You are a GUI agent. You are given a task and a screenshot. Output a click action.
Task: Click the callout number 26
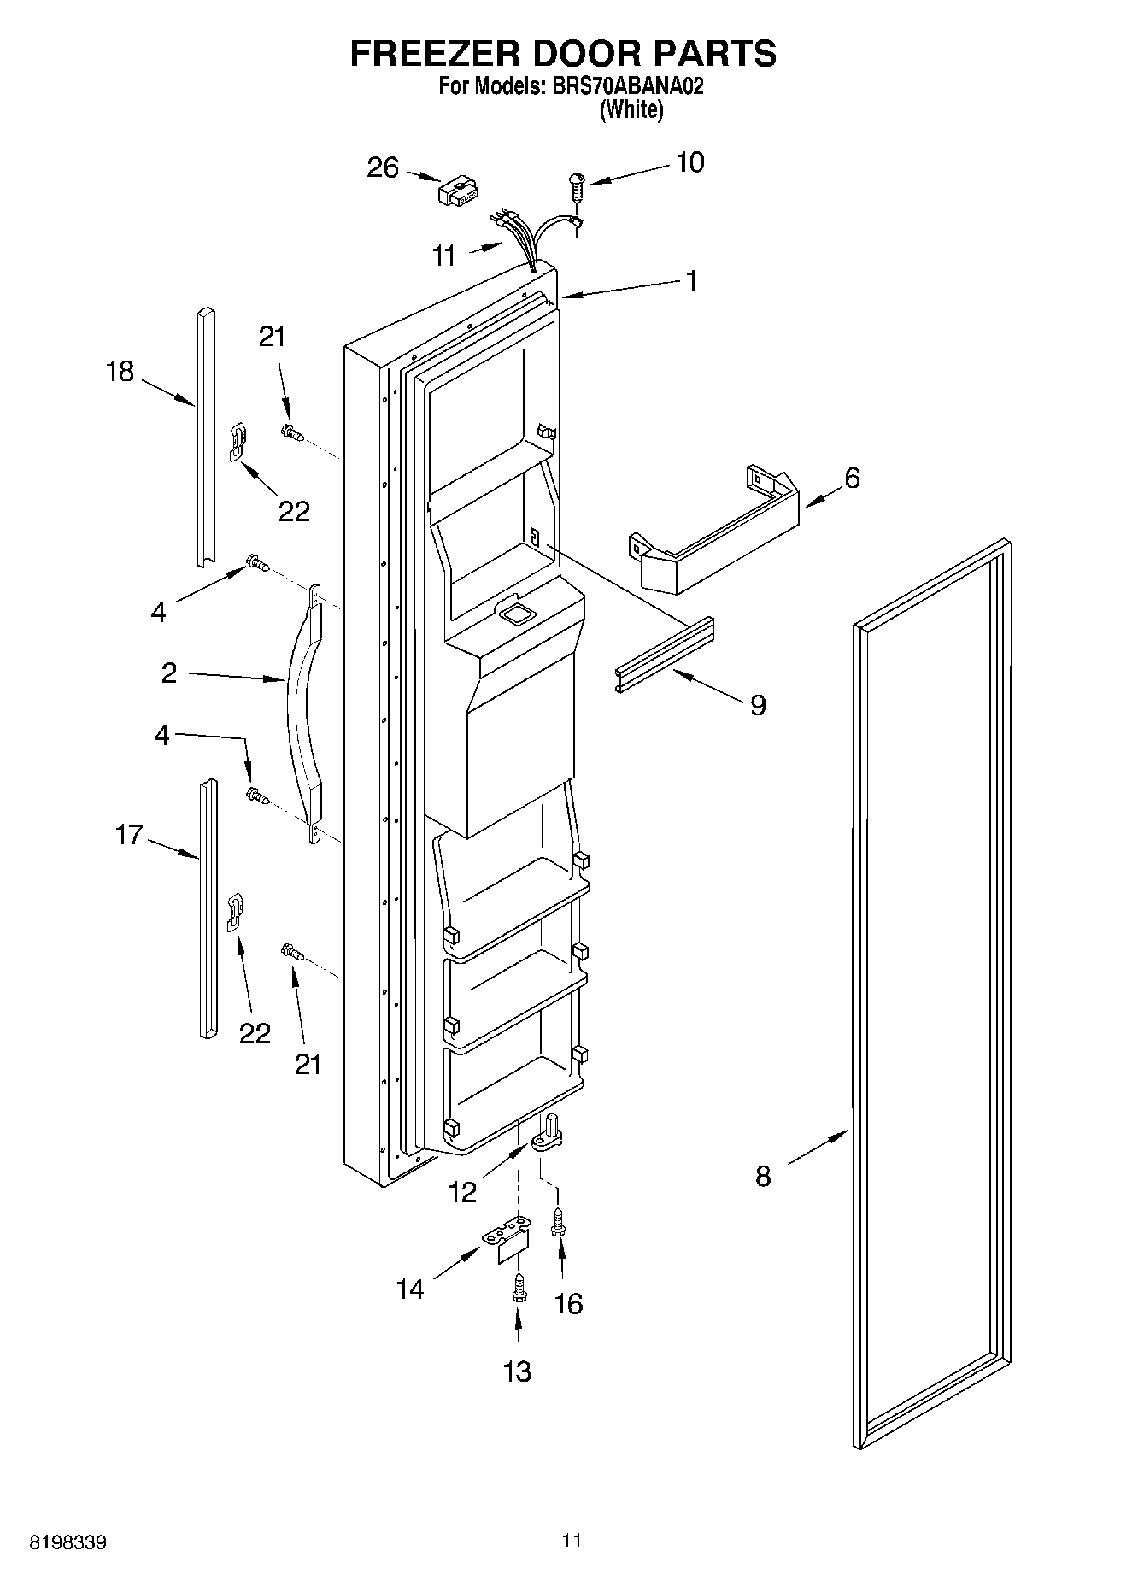coord(383,167)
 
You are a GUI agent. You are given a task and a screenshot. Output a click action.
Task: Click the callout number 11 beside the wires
coord(444,256)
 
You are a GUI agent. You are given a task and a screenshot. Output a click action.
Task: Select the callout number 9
coord(757,705)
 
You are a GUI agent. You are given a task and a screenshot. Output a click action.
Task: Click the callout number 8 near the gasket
coord(763,1177)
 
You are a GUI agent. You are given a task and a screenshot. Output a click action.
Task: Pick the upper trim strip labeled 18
coord(203,436)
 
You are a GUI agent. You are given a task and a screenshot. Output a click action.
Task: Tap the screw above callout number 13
coord(518,1289)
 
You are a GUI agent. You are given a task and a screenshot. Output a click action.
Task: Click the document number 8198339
coord(68,1543)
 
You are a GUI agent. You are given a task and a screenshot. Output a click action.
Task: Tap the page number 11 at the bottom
coord(572,1540)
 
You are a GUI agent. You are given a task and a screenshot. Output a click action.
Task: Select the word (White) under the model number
coord(631,109)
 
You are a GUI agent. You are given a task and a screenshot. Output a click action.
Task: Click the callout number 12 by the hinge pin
coord(462,1192)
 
